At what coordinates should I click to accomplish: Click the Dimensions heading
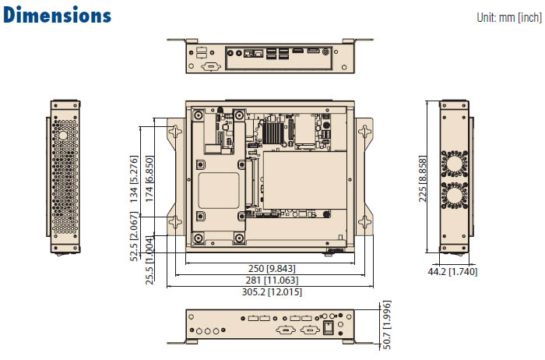point(58,16)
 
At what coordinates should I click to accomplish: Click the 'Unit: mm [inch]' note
point(509,17)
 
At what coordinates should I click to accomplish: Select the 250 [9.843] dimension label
point(272,269)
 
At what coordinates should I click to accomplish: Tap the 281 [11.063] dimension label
point(272,280)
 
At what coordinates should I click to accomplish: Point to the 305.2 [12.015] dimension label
point(272,291)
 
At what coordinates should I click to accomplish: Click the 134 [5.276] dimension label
point(134,179)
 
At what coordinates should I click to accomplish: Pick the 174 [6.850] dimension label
point(149,179)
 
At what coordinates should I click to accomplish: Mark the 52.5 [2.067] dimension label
point(134,237)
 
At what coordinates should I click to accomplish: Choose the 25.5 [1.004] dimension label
point(149,260)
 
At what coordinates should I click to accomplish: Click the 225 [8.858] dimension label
point(422,179)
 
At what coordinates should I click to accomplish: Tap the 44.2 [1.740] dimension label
point(452,272)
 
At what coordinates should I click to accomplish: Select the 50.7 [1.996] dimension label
point(386,325)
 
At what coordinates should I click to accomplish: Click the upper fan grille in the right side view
point(454,164)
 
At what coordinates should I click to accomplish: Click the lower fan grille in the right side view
point(454,196)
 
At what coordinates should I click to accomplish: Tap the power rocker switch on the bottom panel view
point(328,327)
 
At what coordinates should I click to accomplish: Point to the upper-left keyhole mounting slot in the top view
point(175,132)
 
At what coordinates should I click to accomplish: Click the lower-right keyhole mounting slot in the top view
point(364,221)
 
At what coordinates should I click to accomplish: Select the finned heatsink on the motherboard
point(272,133)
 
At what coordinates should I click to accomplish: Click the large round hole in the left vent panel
point(63,136)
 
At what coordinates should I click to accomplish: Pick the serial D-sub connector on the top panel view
point(211,66)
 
